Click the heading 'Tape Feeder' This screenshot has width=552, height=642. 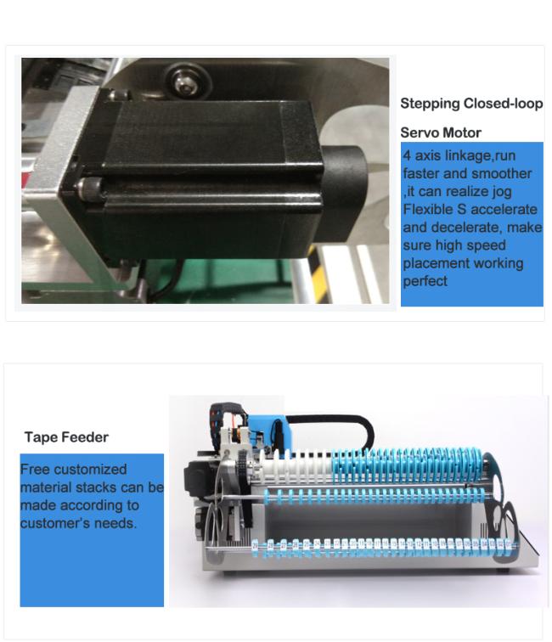pos(66,437)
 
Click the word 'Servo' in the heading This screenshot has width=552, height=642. pos(419,132)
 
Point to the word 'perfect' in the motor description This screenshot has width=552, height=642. pos(425,281)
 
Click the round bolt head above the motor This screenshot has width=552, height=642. pos(183,82)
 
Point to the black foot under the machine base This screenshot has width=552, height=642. pos(502,571)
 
